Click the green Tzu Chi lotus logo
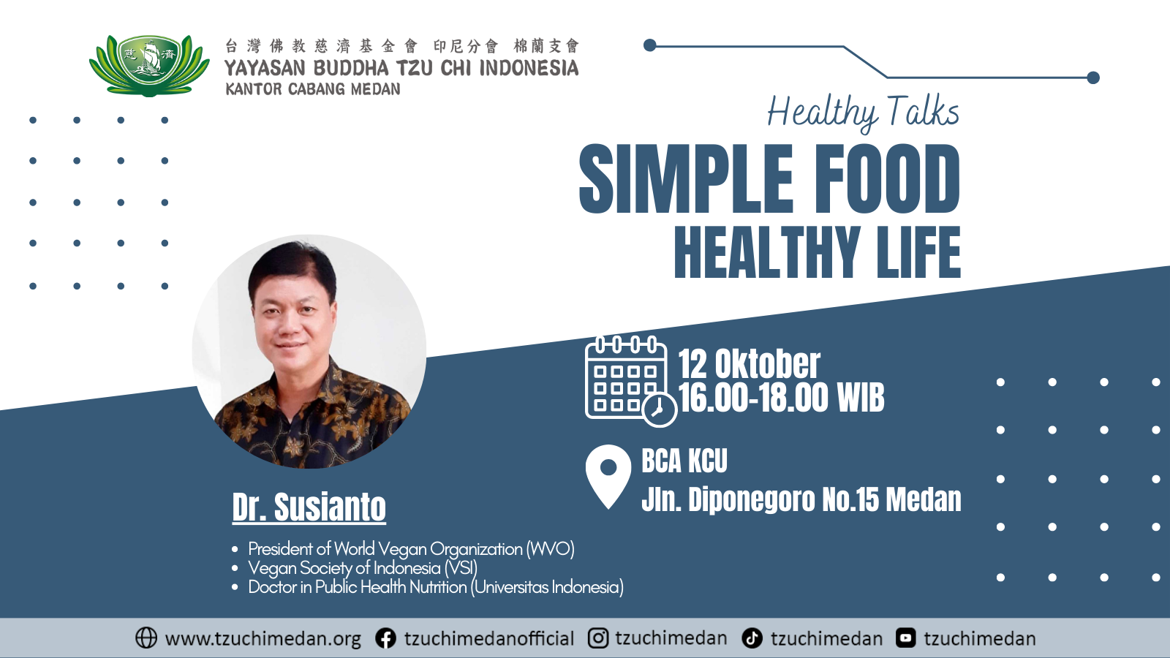[x=149, y=66]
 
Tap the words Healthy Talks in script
[x=863, y=113]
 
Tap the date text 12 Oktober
[x=749, y=363]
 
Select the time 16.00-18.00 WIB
[x=782, y=398]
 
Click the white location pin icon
[x=608, y=476]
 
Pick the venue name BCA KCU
[x=684, y=461]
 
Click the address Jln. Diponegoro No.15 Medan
[x=801, y=499]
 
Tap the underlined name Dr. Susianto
[x=309, y=507]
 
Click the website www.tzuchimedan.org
[x=263, y=639]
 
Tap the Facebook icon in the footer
[x=385, y=638]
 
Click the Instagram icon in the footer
[x=598, y=638]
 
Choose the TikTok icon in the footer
[x=752, y=638]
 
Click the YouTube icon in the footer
[x=906, y=638]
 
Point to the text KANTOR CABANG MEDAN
[x=313, y=89]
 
